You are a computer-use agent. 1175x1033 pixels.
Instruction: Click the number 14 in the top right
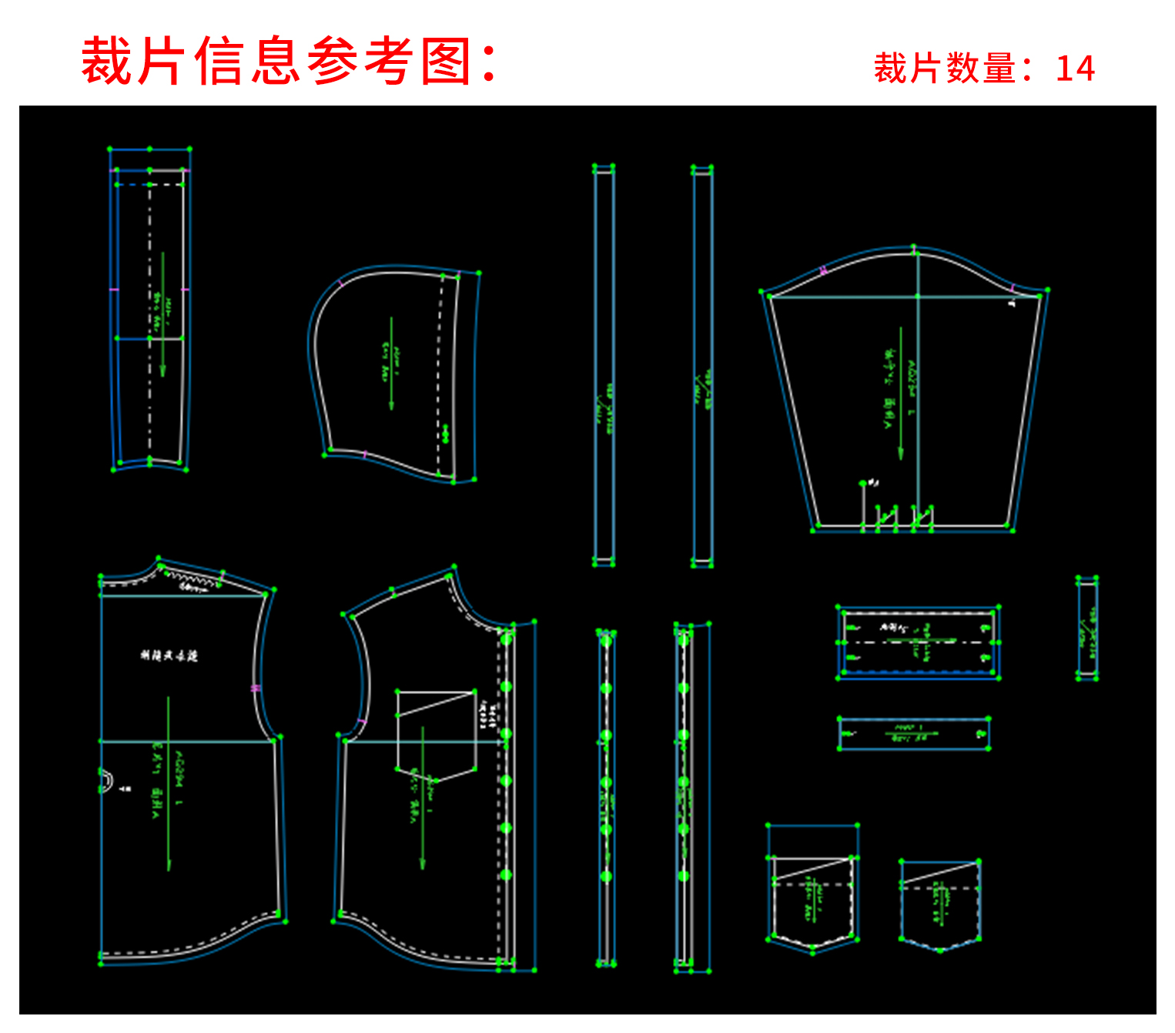1075,69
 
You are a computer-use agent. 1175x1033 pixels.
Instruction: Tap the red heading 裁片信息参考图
289,61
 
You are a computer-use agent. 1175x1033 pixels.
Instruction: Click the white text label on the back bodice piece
169,656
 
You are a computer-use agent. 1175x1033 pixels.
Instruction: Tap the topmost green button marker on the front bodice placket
506,639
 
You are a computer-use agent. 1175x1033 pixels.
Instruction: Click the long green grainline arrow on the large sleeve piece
901,393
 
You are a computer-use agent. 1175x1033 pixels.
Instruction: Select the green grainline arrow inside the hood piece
391,362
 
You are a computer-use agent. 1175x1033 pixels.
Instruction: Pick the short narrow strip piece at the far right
1087,628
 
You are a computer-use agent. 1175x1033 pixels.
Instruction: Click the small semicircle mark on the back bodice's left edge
106,780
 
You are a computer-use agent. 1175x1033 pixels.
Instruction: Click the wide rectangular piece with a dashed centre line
918,642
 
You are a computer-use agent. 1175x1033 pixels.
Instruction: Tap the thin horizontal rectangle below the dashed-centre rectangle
913,733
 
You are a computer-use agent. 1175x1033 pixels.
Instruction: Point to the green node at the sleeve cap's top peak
914,247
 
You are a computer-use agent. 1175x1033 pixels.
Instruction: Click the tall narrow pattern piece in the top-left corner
150,308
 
